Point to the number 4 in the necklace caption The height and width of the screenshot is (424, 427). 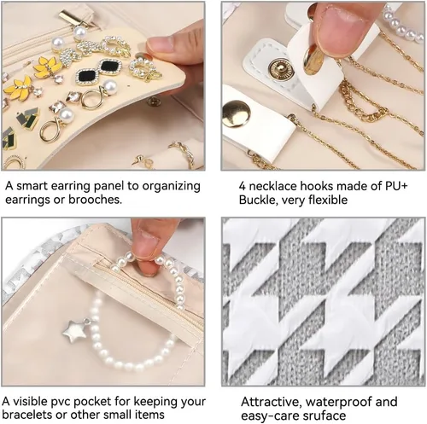242,186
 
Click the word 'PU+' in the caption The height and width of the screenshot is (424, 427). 396,186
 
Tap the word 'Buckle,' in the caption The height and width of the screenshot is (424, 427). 258,200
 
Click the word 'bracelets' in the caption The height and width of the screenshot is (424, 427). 27,415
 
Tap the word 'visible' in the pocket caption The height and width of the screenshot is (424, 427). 31,402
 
